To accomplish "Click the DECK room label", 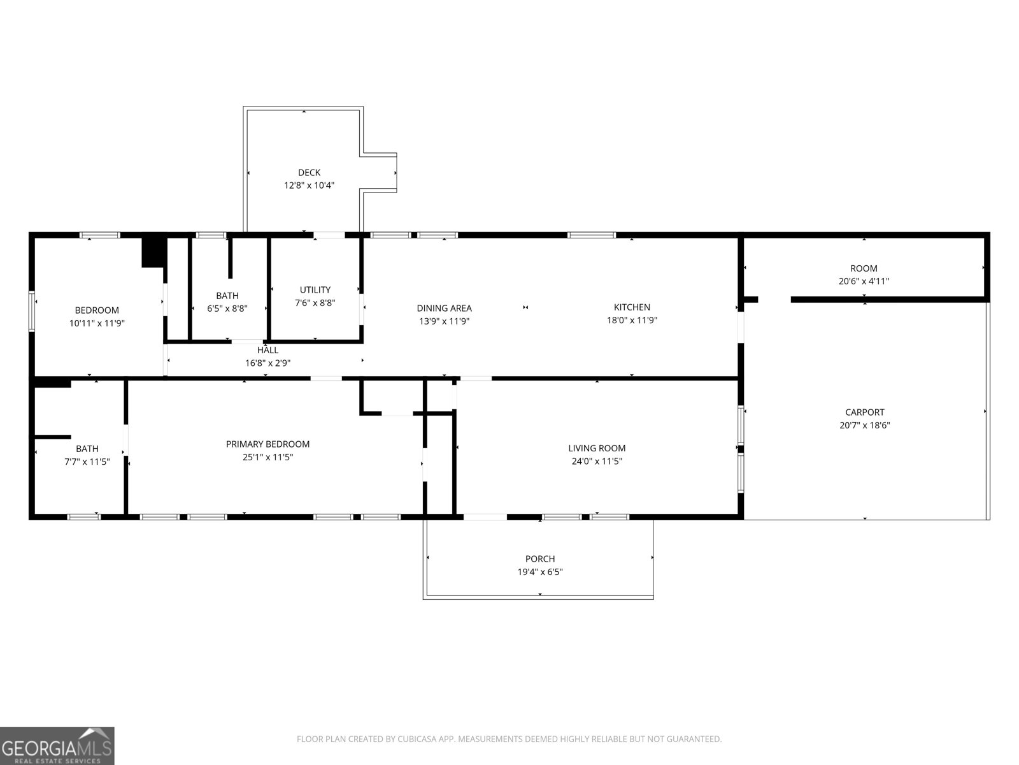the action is pos(309,172).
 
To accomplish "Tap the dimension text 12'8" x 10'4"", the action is pos(309,186).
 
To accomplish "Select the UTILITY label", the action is pos(315,289).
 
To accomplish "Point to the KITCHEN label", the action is pos(632,307).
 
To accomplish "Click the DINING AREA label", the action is pos(444,309).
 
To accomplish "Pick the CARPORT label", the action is pos(864,412).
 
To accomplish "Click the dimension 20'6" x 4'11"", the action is pos(864,281).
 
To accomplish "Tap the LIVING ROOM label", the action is pos(597,448).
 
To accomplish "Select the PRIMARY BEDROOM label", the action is pos(267,444).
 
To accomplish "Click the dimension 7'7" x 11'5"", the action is pos(87,462).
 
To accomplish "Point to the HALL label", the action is pos(267,350).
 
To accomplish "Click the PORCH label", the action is pos(540,559).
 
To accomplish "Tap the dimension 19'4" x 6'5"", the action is pos(540,572).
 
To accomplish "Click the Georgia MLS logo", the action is pos(57,746).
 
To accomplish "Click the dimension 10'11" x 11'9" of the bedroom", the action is pos(97,323).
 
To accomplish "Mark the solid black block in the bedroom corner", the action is pos(153,252).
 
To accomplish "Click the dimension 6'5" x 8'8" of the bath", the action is pos(227,309).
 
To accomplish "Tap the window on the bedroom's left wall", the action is pos(32,311).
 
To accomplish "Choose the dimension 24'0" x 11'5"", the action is pos(597,461).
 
